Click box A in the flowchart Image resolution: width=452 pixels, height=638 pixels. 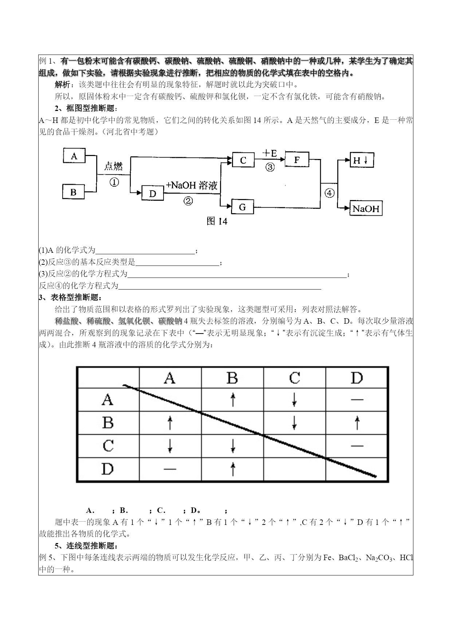pyautogui.click(x=74, y=156)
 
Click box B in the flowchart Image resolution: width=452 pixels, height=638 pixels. pyautogui.click(x=74, y=192)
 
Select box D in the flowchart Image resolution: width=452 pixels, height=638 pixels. pyautogui.click(x=152, y=193)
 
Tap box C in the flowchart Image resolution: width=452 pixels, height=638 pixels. pyautogui.click(x=243, y=160)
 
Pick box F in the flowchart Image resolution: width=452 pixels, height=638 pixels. pyautogui.click(x=297, y=159)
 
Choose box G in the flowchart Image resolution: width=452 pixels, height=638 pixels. pyautogui.click(x=243, y=207)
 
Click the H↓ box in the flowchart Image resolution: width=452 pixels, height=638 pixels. pyautogui.click(x=362, y=160)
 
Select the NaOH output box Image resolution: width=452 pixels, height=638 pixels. pyautogui.click(x=366, y=208)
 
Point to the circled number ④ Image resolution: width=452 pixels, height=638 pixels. pyautogui.click(x=329, y=193)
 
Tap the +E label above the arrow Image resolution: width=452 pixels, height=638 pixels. pyautogui.click(x=270, y=153)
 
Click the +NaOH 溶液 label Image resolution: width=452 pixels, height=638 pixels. pyautogui.click(x=192, y=185)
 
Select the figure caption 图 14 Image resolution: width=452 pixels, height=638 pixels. pyautogui.click(x=217, y=221)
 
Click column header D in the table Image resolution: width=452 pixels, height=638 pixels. pyautogui.click(x=357, y=378)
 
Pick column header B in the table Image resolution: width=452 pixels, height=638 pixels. pyautogui.click(x=232, y=378)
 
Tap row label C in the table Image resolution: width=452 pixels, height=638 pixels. pyautogui.click(x=108, y=446)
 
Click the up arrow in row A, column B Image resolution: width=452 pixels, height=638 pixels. pyautogui.click(x=233, y=400)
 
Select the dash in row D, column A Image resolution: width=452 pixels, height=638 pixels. pyautogui.click(x=170, y=469)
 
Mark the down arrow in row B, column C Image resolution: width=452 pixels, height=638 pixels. pyautogui.click(x=294, y=423)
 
